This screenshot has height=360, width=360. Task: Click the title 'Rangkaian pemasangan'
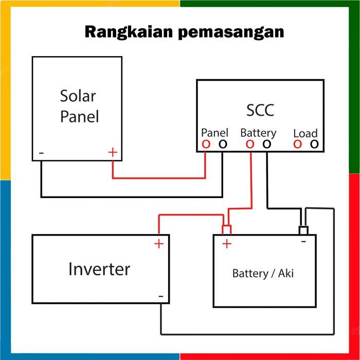pyautogui.click(x=184, y=31)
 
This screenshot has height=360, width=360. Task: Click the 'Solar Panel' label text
pyautogui.click(x=79, y=106)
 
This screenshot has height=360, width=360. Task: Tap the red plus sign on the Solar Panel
pyautogui.click(x=113, y=152)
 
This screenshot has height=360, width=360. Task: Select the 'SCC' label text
pyautogui.click(x=260, y=110)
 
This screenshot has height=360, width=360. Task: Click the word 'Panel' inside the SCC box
pyautogui.click(x=214, y=133)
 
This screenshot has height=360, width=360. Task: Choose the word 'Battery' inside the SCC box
pyautogui.click(x=258, y=133)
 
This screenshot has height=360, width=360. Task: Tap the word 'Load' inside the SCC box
pyautogui.click(x=305, y=133)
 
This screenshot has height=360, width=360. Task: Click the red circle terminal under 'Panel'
pyautogui.click(x=206, y=145)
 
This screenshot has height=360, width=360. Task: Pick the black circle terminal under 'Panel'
pyautogui.click(x=222, y=145)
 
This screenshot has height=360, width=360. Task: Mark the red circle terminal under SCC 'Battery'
pyautogui.click(x=250, y=145)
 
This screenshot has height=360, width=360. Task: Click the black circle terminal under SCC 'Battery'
pyautogui.click(x=266, y=145)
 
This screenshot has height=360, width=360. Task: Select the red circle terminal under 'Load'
pyautogui.click(x=297, y=145)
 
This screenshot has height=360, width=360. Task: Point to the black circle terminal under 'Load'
pyautogui.click(x=314, y=145)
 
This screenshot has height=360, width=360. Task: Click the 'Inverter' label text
pyautogui.click(x=99, y=269)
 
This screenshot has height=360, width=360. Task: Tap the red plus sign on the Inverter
pyautogui.click(x=159, y=244)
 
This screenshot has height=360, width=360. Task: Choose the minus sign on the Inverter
pyautogui.click(x=161, y=296)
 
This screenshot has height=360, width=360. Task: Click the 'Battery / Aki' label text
pyautogui.click(x=263, y=273)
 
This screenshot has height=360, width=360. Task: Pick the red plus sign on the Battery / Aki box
pyautogui.click(x=226, y=244)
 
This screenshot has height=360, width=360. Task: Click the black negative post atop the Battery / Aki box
pyautogui.click(x=303, y=229)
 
